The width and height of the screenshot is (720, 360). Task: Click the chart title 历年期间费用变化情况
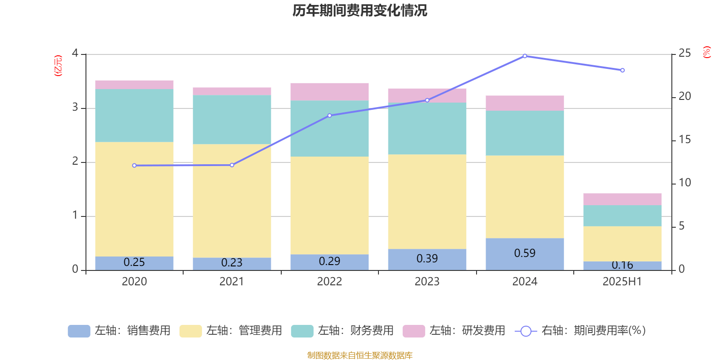[x=360, y=11]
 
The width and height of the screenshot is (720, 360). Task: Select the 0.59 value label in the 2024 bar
[x=525, y=253]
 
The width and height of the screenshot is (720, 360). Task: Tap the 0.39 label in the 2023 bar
[x=427, y=259]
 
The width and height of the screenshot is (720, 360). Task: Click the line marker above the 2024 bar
[x=525, y=56]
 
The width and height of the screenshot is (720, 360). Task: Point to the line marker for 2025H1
[x=622, y=70]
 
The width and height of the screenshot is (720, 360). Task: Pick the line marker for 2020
[x=134, y=166]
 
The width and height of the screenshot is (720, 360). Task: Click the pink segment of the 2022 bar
[x=329, y=92]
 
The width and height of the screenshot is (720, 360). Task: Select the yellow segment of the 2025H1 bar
[x=622, y=243]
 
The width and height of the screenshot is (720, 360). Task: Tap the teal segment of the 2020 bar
[x=134, y=116]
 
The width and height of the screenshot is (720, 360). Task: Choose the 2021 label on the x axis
[x=232, y=282]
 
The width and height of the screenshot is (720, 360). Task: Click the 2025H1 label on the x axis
[x=622, y=282]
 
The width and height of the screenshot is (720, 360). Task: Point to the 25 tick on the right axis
[x=684, y=53]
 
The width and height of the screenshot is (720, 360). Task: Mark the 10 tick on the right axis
[x=684, y=183]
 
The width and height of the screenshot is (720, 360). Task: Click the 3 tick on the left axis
[x=75, y=108]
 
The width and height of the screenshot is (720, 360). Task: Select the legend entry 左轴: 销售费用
[x=120, y=331]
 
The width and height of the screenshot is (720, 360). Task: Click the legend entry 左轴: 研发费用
[x=454, y=331]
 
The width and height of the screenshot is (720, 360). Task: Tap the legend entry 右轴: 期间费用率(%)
[x=580, y=331]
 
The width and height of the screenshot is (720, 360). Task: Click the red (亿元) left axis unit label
[x=58, y=66]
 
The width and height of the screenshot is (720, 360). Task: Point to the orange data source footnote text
[x=360, y=355]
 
